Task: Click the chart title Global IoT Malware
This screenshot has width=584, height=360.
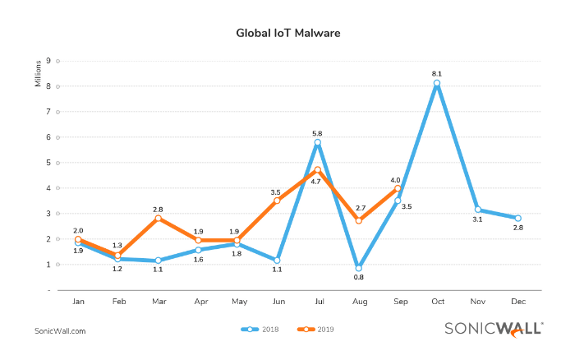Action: click(287, 34)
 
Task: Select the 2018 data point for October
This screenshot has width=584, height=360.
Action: click(437, 83)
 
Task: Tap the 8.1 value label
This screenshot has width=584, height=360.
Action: click(437, 72)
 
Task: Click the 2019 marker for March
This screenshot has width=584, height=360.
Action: click(158, 218)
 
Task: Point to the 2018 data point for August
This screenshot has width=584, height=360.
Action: click(358, 268)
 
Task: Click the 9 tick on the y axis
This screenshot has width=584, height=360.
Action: click(48, 60)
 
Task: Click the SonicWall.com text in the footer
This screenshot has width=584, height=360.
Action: click(60, 330)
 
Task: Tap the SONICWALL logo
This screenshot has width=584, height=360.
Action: click(493, 328)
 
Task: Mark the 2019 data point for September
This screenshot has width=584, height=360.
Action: click(398, 188)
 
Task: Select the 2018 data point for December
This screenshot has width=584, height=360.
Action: click(517, 218)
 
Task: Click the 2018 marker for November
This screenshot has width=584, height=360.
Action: click(477, 210)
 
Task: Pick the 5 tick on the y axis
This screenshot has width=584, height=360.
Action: click(48, 162)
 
